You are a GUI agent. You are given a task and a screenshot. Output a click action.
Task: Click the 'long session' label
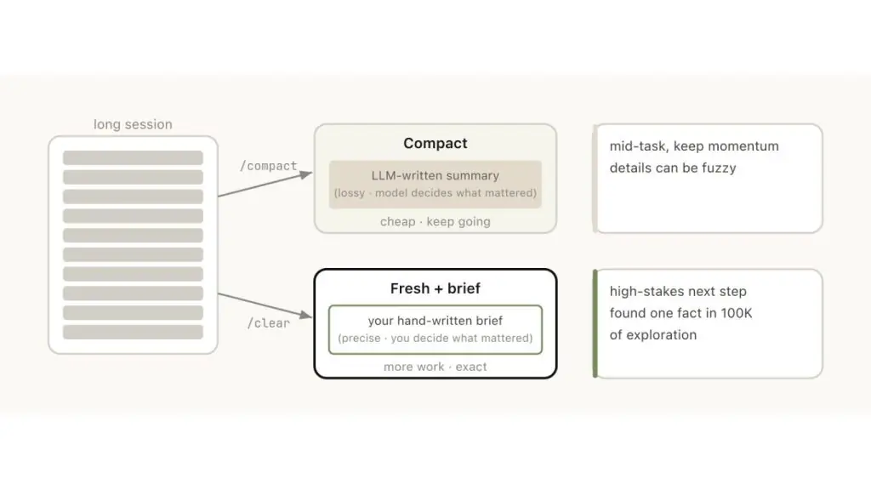(133, 124)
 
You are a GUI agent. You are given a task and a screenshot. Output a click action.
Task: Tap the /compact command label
(268, 166)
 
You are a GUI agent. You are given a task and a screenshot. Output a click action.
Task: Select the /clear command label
(268, 322)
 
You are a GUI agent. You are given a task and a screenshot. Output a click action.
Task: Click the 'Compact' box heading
(435, 143)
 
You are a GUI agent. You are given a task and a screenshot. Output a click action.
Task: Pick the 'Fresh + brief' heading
(435, 288)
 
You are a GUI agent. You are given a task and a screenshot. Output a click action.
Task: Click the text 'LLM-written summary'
(435, 175)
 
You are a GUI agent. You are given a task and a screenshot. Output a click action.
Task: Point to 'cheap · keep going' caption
(435, 222)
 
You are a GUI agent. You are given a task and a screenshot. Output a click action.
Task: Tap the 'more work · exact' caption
(435, 367)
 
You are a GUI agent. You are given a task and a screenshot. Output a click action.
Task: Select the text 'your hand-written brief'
(435, 321)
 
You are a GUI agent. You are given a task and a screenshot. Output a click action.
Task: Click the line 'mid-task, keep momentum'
(694, 146)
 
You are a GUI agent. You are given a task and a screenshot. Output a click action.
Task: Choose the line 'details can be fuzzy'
(673, 168)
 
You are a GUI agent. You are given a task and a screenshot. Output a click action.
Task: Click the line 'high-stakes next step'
(678, 291)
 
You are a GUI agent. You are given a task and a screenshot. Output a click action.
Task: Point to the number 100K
(737, 313)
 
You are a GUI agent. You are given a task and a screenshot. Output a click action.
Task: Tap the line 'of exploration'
(652, 335)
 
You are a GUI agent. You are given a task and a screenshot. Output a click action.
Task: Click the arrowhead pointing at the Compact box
(306, 174)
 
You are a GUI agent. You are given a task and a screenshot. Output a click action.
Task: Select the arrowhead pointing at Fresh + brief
(306, 315)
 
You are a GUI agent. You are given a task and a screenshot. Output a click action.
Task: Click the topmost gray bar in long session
(133, 157)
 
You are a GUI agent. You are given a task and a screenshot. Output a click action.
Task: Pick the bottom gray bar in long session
(133, 333)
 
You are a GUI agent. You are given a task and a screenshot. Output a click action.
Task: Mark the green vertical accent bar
(595, 324)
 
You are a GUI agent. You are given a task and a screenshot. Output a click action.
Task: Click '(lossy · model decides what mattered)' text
(435, 193)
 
